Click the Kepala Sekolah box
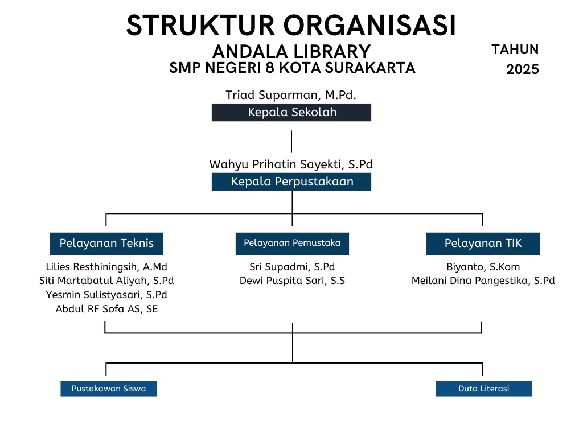pos(291,112)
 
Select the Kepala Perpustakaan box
pos(291,182)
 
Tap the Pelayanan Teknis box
pos(106,244)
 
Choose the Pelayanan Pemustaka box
pos(292,244)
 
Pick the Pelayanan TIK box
pos(483,244)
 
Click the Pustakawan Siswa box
pos(109,389)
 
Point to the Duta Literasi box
pos(483,389)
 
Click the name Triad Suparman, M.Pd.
pos(291,95)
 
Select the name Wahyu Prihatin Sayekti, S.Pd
pos(291,164)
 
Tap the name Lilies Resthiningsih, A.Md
pos(106,267)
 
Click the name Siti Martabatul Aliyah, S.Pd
pos(106,281)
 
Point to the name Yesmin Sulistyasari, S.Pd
pos(106,295)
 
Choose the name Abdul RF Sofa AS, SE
pos(106,309)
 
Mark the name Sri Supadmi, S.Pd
pos(292,267)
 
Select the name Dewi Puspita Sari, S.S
pos(292,281)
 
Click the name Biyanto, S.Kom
pos(483,267)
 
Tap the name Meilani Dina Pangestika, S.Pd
pos(483,281)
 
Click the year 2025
pos(523,69)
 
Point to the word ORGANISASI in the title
pos(369,26)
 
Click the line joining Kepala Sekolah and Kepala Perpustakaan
pos(291,142)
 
